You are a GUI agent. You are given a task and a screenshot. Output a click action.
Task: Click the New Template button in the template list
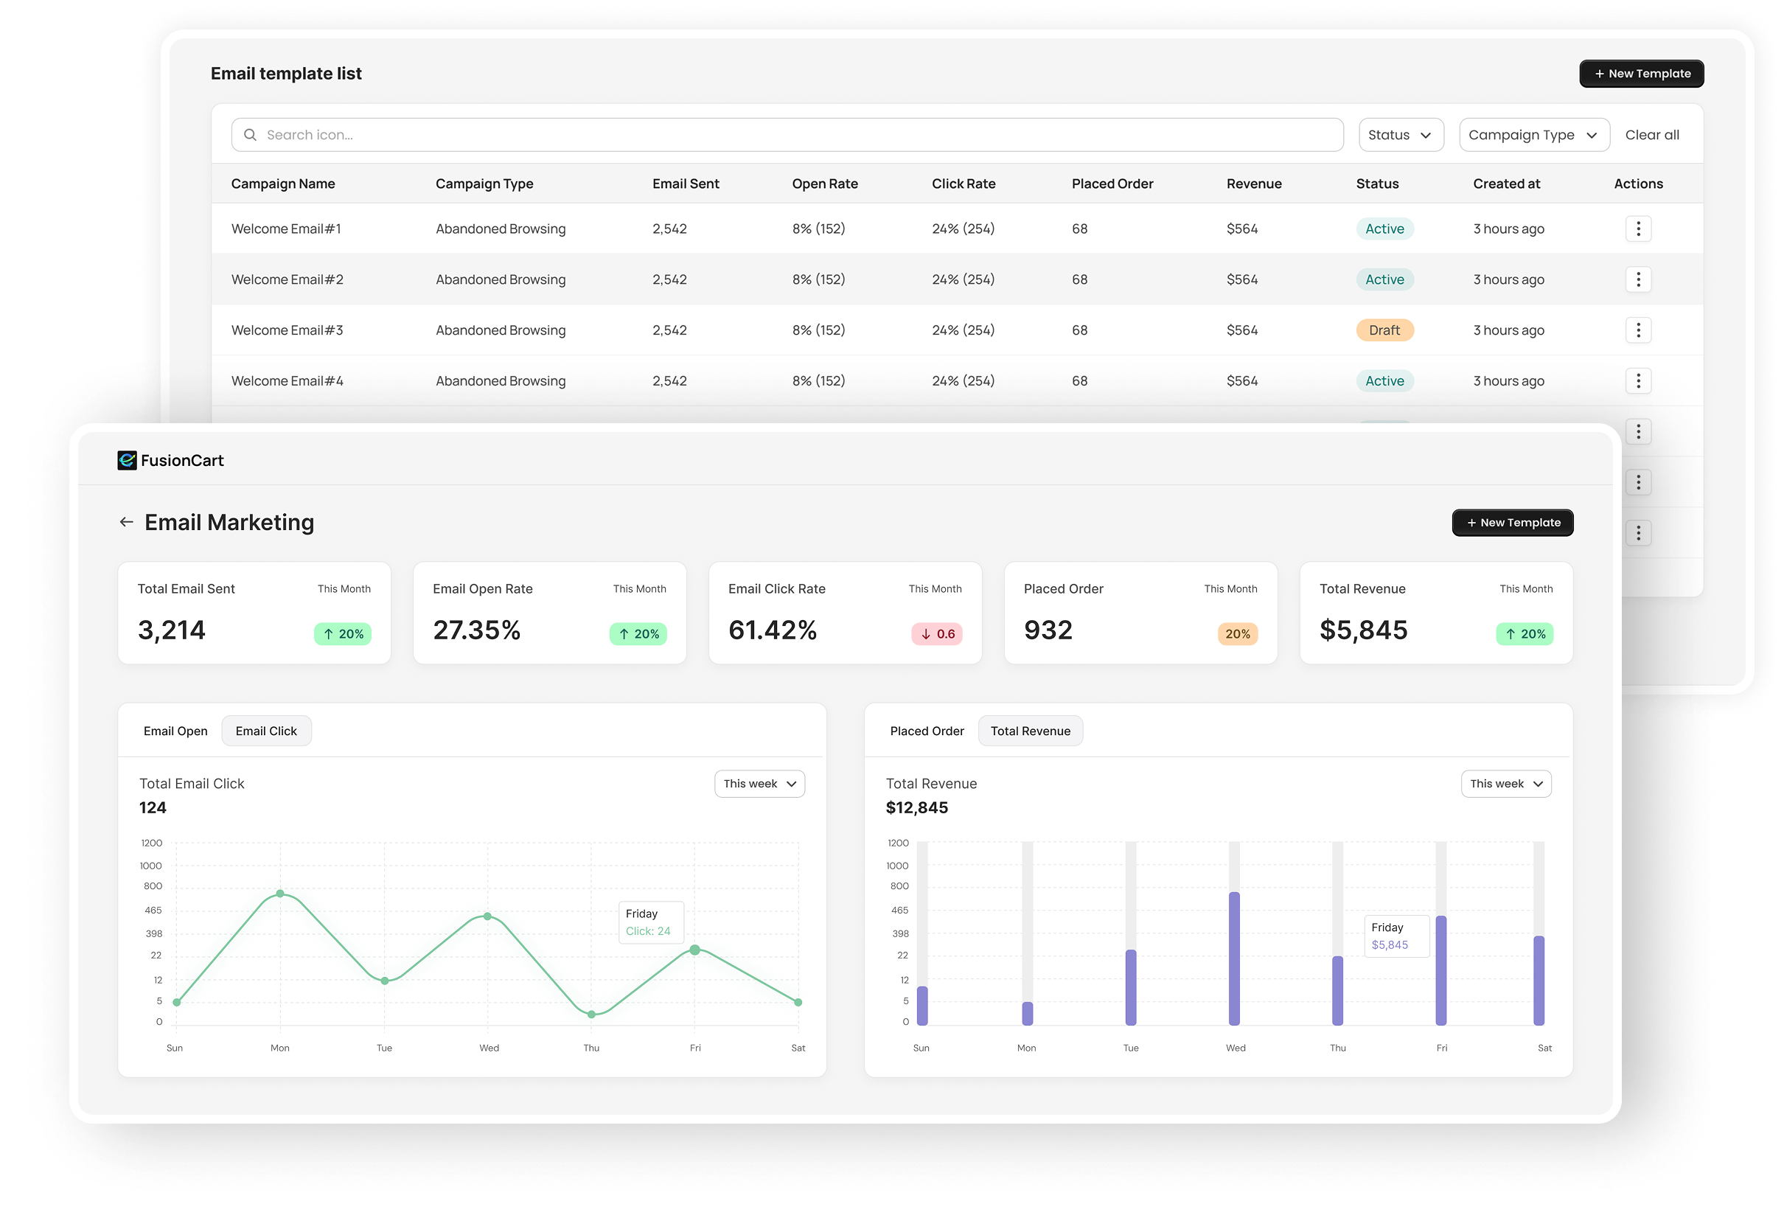(x=1641, y=74)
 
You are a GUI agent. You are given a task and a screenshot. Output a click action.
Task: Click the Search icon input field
(x=787, y=135)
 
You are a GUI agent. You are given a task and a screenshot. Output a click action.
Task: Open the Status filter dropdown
(x=1400, y=135)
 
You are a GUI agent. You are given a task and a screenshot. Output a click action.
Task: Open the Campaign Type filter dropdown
(x=1533, y=135)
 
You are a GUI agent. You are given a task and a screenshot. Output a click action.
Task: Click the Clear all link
(x=1652, y=135)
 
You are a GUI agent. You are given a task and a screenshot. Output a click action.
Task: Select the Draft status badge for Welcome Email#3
(x=1384, y=330)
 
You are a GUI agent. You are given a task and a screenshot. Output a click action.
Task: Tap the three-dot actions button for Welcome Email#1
(x=1638, y=229)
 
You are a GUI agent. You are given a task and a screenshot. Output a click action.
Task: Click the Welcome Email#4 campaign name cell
(x=287, y=381)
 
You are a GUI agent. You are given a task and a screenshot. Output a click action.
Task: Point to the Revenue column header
(x=1253, y=184)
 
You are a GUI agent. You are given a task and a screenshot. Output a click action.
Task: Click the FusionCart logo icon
(x=127, y=460)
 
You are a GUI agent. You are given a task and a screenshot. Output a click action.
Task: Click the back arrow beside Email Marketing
(x=127, y=522)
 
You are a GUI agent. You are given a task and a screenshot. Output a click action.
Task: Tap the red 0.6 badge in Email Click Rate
(x=936, y=633)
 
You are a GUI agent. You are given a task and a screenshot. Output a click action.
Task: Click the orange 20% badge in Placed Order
(x=1237, y=633)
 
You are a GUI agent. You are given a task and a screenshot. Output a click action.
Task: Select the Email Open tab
(x=175, y=731)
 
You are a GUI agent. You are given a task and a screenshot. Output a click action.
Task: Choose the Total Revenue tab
(x=1029, y=731)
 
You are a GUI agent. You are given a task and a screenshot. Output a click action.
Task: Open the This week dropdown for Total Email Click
(x=759, y=783)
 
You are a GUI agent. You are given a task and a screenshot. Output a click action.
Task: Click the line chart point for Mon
(x=280, y=893)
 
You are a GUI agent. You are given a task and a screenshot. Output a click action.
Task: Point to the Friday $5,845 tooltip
(x=1396, y=936)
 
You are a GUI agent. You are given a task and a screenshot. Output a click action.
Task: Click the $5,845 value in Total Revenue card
(x=1362, y=630)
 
